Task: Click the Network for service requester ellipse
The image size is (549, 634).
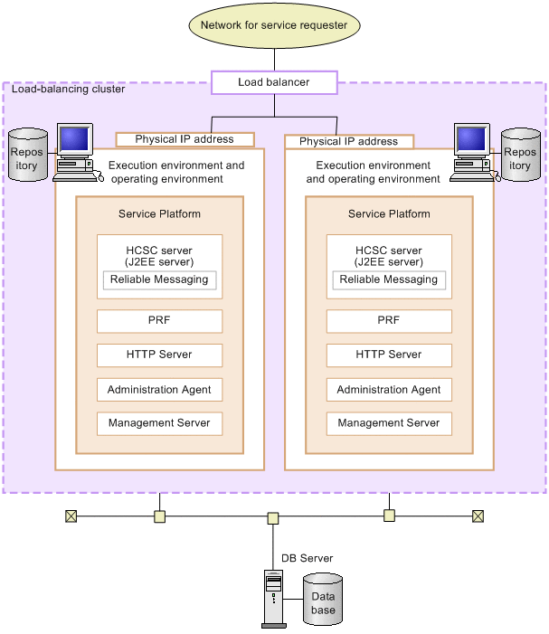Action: tap(274, 25)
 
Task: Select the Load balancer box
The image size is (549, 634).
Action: tap(274, 82)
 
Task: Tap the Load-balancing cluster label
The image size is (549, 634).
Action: tap(68, 90)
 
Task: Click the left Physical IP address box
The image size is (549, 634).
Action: tap(185, 139)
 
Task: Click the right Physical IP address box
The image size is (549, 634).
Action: tap(349, 141)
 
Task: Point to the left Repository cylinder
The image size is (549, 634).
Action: tap(27, 155)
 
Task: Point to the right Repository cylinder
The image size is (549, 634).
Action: tap(520, 155)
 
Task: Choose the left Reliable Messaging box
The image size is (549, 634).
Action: tap(159, 279)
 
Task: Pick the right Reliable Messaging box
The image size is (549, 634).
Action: tap(389, 279)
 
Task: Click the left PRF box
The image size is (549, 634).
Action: tap(159, 321)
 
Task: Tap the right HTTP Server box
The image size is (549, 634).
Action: tap(389, 355)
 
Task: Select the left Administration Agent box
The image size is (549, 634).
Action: tap(159, 390)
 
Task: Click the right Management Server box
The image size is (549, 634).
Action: tap(389, 423)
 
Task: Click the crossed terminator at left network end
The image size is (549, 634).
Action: tap(71, 516)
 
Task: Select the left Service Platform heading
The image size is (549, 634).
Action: tap(159, 214)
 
